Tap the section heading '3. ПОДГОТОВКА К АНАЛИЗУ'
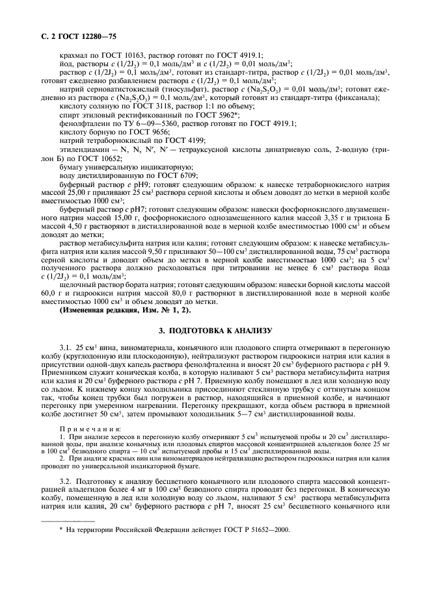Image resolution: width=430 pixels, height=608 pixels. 215,331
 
